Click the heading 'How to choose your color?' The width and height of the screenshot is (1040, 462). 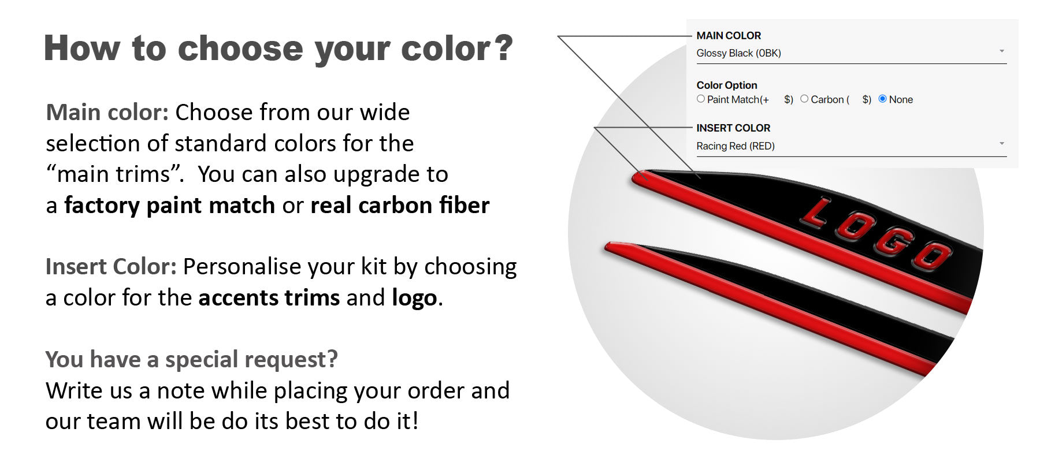(278, 48)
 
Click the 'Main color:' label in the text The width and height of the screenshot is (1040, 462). (107, 112)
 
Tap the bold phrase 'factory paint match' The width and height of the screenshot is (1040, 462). (170, 205)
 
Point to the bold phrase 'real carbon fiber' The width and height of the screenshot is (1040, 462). (400, 205)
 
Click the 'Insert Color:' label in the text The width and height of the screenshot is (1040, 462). (111, 266)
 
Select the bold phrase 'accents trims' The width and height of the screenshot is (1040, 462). (269, 297)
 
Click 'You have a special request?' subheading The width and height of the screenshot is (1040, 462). (192, 359)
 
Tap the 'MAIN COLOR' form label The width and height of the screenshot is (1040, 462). (729, 35)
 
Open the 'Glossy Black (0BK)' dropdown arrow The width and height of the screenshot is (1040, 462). (1002, 51)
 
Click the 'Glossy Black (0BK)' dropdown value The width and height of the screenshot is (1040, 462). (738, 53)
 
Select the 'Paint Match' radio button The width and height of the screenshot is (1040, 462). (701, 99)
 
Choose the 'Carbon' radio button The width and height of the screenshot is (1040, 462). (804, 99)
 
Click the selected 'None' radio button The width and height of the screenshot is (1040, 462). (882, 99)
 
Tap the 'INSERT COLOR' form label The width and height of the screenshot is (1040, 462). (733, 128)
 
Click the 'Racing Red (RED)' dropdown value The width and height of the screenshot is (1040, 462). (736, 146)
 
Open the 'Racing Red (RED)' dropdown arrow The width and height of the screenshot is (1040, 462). (1002, 144)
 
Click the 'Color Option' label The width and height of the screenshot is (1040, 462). (727, 85)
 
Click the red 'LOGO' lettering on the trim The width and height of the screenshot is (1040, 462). (876, 234)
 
